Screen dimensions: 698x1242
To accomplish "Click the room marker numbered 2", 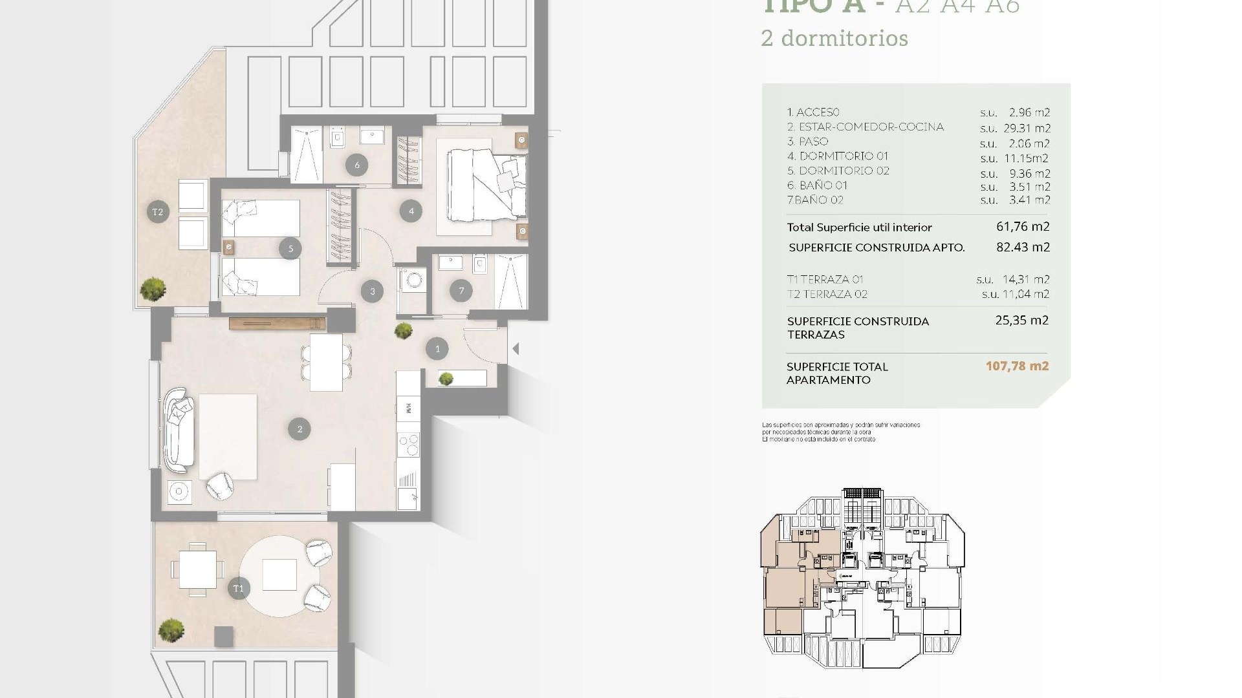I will coord(300,429).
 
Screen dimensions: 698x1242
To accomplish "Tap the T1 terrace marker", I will coord(239,588).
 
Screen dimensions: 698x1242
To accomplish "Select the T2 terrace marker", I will coord(158,211).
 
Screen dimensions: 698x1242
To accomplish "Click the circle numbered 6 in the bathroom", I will coord(356,165).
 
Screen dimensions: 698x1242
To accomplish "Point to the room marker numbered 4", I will coord(411,211).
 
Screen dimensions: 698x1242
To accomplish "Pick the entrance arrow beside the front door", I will coord(516,349).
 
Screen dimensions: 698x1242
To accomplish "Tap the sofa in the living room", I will coord(178,430).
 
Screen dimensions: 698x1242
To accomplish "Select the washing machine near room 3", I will coord(413,280).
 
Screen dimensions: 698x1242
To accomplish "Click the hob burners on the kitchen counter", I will coord(409,445).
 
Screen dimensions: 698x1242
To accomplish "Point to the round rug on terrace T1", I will coord(279,575).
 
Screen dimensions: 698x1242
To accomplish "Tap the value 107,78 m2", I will coord(1017,366).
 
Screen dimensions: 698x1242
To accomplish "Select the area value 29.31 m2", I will coord(1027,128).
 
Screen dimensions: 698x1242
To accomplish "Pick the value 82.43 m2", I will coord(1023,247).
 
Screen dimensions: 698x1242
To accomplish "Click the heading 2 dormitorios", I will coord(834,38).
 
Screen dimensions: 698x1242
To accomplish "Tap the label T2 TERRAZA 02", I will coord(827,294).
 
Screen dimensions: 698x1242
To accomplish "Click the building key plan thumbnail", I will coord(862,578).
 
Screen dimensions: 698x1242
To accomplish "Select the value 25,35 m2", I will coord(1021,320).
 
